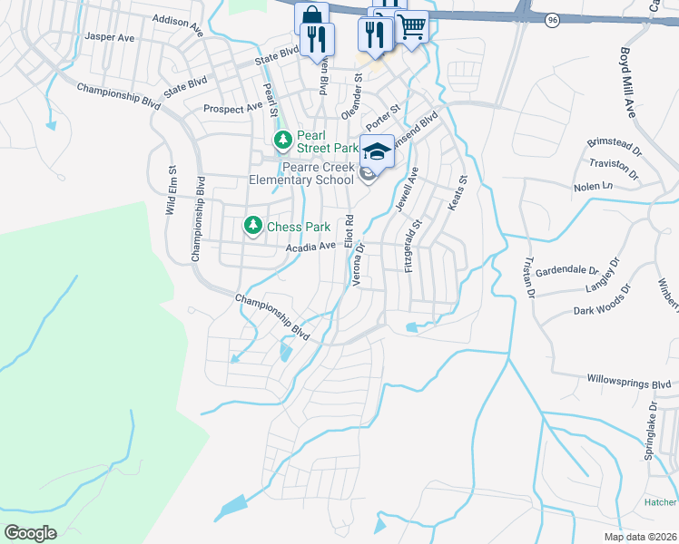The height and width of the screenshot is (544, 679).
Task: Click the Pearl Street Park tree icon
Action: coord(283,140)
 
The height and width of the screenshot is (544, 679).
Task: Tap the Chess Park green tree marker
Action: coord(253,226)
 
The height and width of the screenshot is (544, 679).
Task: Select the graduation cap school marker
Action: coord(378,151)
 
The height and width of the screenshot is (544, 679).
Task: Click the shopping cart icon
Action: coord(411,28)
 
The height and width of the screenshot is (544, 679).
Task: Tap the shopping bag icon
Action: coord(310,18)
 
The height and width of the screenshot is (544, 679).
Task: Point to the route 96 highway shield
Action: coord(551,19)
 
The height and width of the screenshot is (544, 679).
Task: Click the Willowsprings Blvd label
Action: coord(628,382)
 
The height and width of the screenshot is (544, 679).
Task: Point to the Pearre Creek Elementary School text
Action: coord(316,173)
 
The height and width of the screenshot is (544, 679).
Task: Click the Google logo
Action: coord(30,533)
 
